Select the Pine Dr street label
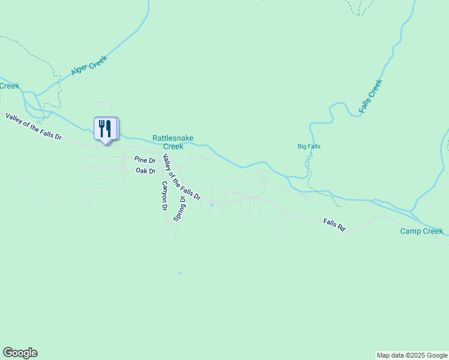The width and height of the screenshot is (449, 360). click(145, 160)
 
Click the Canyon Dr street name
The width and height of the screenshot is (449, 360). click(163, 196)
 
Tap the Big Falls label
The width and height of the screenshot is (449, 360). click(309, 146)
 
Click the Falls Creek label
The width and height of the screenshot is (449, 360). click(370, 97)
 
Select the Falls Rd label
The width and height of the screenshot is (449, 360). click(334, 224)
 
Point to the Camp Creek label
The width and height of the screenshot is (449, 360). click(422, 231)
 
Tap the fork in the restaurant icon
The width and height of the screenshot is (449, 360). click(103, 127)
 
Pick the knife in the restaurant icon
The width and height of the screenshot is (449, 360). click(110, 127)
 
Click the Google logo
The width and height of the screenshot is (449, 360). click(20, 353)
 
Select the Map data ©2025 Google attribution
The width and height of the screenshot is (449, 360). click(412, 355)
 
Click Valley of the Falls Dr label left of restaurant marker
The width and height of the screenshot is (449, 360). click(34, 126)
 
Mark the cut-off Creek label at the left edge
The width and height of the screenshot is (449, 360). click(10, 86)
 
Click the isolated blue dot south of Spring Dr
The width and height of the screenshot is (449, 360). click(180, 273)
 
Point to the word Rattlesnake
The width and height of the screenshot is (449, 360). click(172, 138)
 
